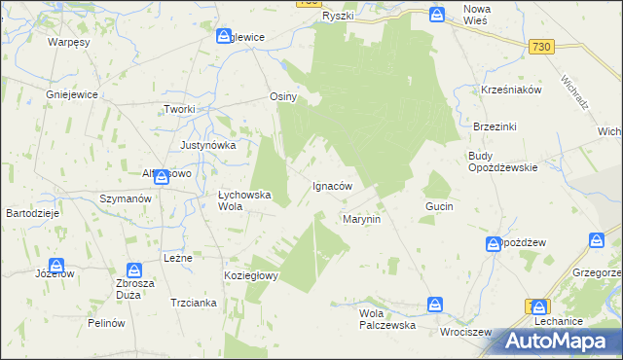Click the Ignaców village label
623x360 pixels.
tap(331, 185)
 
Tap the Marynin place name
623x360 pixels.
tap(361, 220)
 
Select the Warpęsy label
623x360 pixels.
tap(69, 43)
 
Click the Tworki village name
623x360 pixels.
tap(180, 109)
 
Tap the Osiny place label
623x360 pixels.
tap(282, 97)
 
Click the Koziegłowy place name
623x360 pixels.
tap(252, 275)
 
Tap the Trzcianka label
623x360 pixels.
tap(193, 303)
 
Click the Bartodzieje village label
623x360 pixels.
tap(34, 212)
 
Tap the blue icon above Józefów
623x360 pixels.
tap(56, 265)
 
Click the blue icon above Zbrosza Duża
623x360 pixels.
tap(134, 270)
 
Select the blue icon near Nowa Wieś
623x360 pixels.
tap(438, 15)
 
